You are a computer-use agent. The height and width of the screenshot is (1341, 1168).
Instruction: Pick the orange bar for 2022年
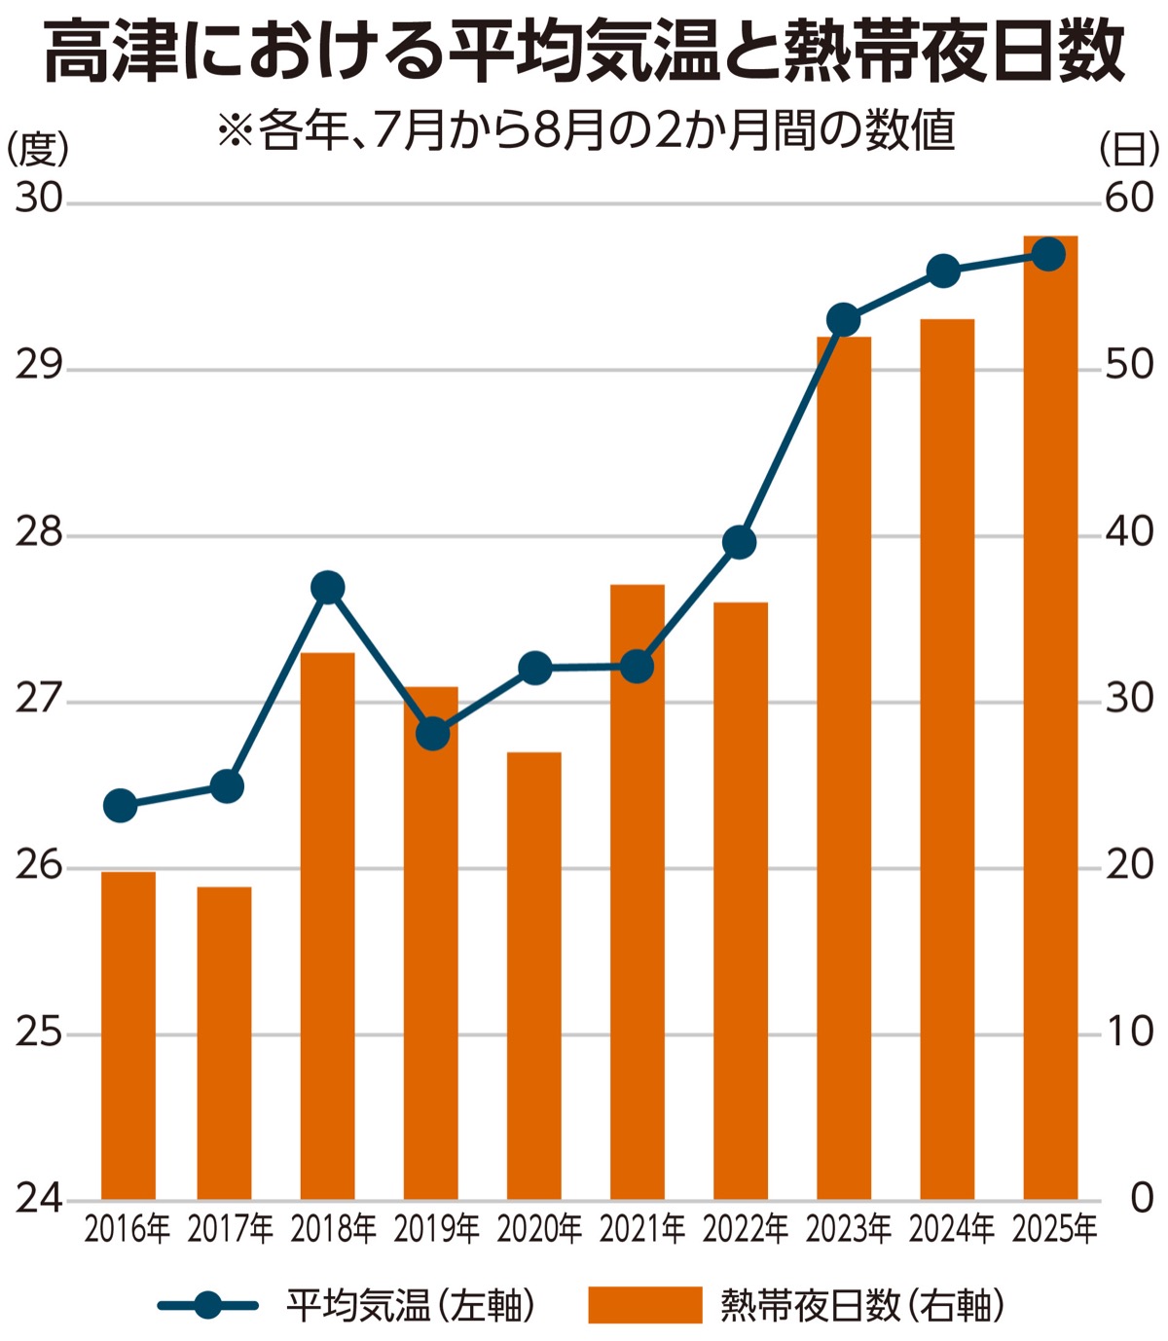[x=741, y=900]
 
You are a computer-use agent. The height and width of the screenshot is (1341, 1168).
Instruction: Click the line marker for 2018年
[x=328, y=588]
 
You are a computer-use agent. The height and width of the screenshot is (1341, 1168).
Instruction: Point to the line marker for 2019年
[x=433, y=734]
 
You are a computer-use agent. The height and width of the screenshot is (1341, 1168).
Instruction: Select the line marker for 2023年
[x=843, y=319]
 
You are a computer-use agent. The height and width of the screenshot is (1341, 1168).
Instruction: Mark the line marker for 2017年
[x=227, y=786]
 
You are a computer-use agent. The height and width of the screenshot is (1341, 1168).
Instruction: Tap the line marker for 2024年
[x=943, y=271]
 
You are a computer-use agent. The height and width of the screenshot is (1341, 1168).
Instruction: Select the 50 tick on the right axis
[x=1129, y=366]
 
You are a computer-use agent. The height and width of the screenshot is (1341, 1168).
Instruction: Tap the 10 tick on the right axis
[x=1129, y=1032]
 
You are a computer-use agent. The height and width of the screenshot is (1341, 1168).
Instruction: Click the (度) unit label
[x=39, y=149]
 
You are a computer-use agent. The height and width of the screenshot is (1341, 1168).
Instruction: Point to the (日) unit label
[x=1129, y=149]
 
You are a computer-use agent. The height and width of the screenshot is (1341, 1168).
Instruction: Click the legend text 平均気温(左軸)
[x=410, y=1305]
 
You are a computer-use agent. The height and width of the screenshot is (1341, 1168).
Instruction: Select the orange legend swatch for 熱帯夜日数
[x=644, y=1305]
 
